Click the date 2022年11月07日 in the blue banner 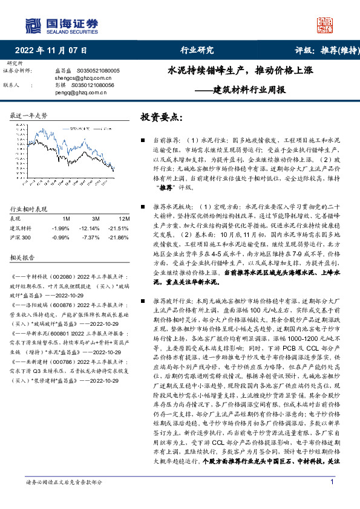50,50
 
